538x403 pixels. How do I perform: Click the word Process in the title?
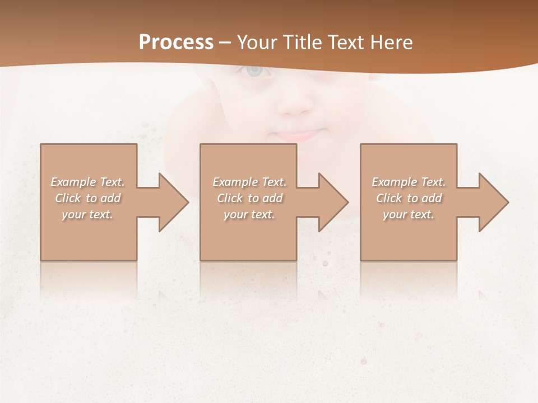pos(176,43)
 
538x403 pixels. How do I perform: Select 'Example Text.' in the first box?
pos(87,182)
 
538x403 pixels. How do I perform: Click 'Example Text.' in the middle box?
pos(249,182)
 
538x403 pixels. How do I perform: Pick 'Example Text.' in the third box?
pos(409,182)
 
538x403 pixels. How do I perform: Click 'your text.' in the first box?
pos(87,214)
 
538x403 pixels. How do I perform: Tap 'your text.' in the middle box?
pos(249,214)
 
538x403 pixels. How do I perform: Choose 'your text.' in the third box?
pos(409,214)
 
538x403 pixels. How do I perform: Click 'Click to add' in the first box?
pos(87,198)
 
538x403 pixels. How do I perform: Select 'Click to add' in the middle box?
pos(249,198)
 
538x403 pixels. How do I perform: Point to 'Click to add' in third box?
pos(409,198)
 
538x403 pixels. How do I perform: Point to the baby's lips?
pos(295,135)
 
